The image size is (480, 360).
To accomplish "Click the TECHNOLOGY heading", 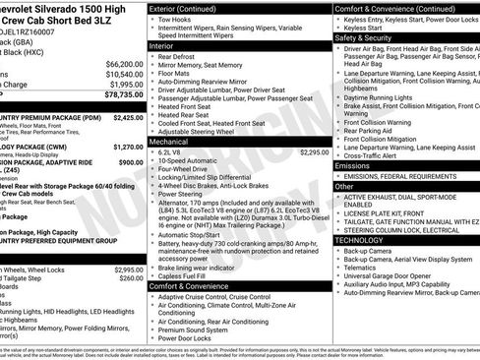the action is click(360, 239).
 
